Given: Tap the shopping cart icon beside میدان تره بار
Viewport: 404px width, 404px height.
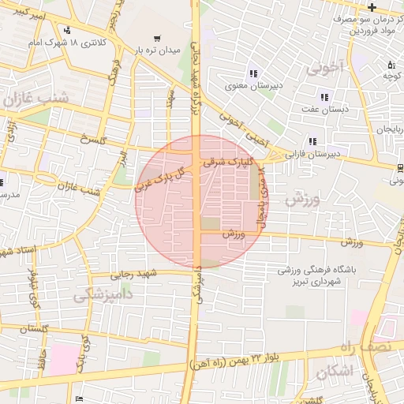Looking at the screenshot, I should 158,38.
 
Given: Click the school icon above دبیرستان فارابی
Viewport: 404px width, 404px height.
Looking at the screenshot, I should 313,142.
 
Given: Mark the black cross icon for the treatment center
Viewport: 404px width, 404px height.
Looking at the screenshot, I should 371,7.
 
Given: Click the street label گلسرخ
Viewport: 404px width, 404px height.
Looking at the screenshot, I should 92,139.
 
